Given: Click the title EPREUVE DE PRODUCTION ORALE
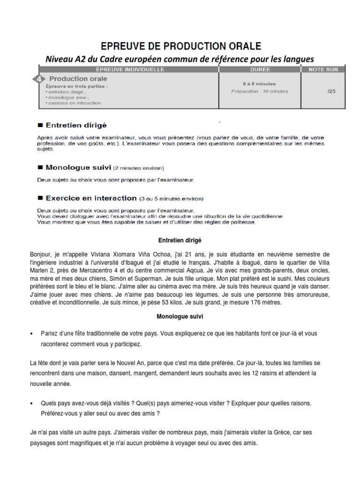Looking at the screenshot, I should [x=180, y=46].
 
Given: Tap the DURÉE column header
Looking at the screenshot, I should [x=260, y=69].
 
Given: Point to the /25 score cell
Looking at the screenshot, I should [x=331, y=91].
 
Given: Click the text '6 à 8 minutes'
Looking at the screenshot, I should [x=259, y=83].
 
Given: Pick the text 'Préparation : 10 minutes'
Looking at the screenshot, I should [x=260, y=91].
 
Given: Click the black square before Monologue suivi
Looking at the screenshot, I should [x=40, y=166].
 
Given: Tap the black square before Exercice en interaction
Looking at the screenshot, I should [x=40, y=198].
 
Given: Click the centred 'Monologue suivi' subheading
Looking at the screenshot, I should [x=180, y=317].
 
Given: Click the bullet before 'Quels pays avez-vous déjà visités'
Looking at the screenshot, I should [x=31, y=403].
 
